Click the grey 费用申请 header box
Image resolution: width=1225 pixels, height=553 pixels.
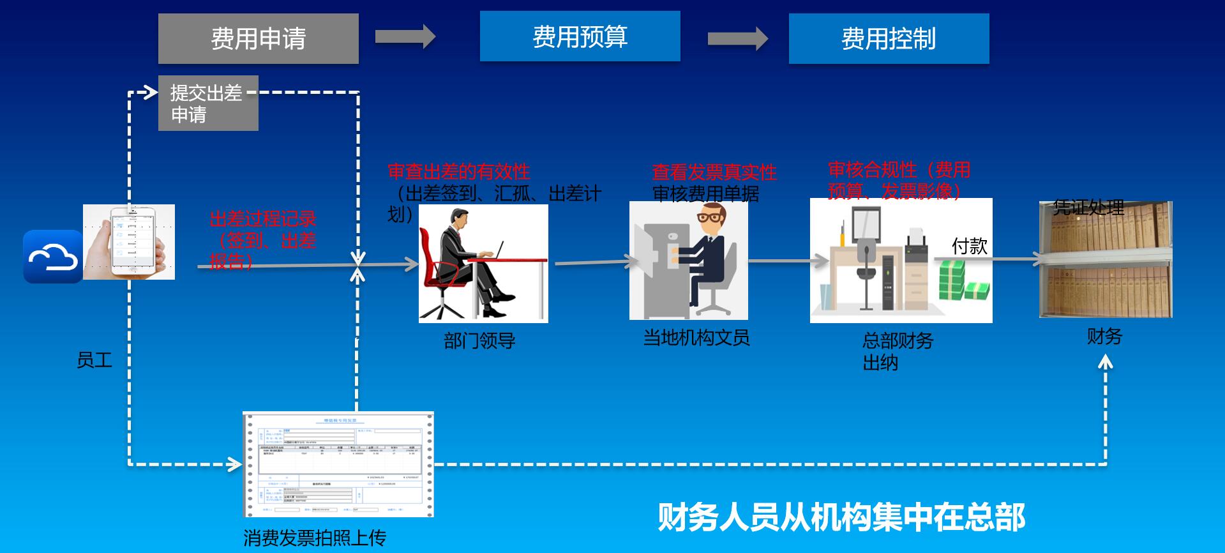tap(258, 38)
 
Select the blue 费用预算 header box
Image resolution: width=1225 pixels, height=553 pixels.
tap(580, 36)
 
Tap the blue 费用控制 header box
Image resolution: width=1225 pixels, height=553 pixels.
tap(889, 38)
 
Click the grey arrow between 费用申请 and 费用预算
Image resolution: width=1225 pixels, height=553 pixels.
tap(405, 36)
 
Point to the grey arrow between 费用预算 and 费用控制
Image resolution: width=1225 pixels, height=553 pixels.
tap(737, 38)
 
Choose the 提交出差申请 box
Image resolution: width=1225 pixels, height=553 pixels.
tap(207, 103)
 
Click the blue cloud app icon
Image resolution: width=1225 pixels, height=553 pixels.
tap(52, 257)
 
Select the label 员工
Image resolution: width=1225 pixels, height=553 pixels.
tap(94, 360)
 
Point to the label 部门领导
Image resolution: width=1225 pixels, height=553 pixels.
tap(479, 341)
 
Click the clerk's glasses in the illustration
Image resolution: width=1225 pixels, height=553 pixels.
tap(710, 218)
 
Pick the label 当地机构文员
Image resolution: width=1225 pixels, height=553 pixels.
tap(696, 338)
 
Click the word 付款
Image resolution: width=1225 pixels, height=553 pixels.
tap(969, 246)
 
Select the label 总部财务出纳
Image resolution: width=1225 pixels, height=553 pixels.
tap(897, 351)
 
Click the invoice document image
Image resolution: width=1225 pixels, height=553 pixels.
tap(338, 464)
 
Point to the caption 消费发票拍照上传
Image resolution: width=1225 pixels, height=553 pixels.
tap(315, 538)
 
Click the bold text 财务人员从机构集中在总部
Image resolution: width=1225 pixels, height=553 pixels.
tap(841, 517)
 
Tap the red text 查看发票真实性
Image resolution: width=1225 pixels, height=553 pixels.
tap(714, 172)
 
